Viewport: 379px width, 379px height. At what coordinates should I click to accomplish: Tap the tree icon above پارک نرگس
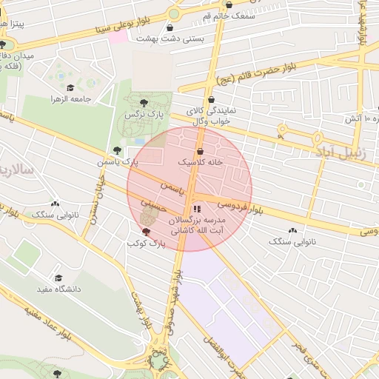pyautogui.click(x=143, y=104)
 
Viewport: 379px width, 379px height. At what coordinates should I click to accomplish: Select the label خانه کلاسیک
pyautogui.click(x=200, y=161)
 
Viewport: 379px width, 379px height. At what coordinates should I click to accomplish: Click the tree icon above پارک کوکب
pyautogui.click(x=145, y=232)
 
